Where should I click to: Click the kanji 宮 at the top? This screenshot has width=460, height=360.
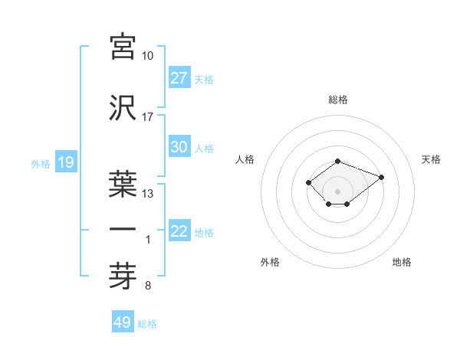[123, 47]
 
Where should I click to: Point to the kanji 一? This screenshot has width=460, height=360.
[123, 230]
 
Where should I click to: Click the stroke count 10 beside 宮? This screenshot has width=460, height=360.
[148, 57]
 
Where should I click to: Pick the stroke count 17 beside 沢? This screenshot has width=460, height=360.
[148, 117]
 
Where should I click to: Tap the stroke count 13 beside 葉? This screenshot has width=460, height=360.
[148, 194]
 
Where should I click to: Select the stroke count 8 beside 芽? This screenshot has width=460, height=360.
[148, 286]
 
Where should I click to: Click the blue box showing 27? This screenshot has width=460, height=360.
[179, 78]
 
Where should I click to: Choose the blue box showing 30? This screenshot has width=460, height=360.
[179, 147]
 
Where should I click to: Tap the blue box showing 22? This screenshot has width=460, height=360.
[179, 231]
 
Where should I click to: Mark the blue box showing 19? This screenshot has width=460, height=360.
[65, 162]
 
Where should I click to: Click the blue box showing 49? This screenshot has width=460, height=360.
[123, 322]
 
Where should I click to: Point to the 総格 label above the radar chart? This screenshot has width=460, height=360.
[337, 100]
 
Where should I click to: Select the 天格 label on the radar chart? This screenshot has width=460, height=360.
[431, 159]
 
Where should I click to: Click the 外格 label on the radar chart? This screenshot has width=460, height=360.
[270, 262]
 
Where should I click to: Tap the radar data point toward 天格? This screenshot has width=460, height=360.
[381, 177]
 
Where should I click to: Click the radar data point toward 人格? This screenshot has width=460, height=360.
[308, 182]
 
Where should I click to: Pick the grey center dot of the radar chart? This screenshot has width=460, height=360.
[337, 191]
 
